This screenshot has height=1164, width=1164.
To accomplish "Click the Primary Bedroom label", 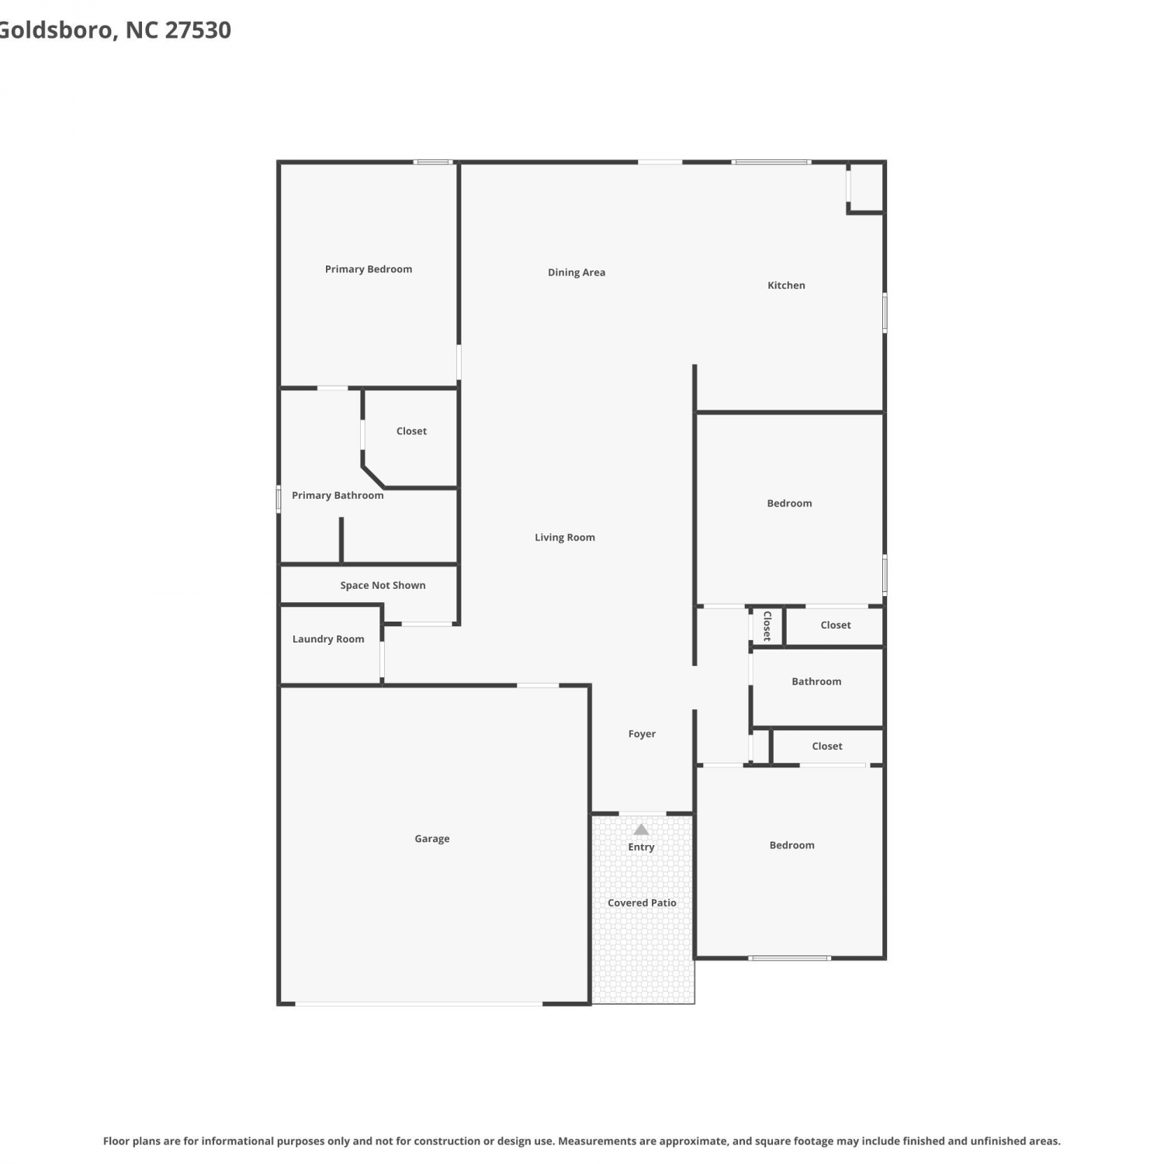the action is (x=369, y=269).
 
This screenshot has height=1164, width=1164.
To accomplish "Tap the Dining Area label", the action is (x=577, y=272).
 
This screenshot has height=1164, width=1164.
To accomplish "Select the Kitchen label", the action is (x=786, y=286).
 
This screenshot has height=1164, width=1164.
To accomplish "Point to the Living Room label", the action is (x=565, y=537).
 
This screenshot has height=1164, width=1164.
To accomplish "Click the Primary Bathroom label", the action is (x=338, y=495).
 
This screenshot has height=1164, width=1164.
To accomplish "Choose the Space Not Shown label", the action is (x=383, y=585).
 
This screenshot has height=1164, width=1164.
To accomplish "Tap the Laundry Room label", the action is (x=328, y=639).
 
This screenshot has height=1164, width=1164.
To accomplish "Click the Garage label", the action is (x=432, y=839).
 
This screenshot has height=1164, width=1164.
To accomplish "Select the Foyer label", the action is (x=642, y=734).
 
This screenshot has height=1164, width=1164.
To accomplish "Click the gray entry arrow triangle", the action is (x=641, y=830).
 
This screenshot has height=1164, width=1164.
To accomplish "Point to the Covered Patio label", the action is (x=642, y=902).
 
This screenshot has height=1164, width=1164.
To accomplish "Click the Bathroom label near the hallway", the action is (x=816, y=681).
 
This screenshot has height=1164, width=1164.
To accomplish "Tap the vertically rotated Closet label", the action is (x=767, y=625).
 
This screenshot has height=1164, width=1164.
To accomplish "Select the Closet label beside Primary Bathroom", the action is (x=411, y=431).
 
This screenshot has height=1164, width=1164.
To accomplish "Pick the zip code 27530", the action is (x=198, y=30).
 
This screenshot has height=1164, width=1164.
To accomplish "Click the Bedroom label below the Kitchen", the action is (x=789, y=504).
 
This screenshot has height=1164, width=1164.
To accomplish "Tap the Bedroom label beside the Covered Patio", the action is (x=792, y=845).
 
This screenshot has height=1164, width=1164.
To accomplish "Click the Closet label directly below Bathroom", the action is (x=827, y=747).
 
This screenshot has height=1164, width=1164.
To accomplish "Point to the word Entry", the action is (x=641, y=847).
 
